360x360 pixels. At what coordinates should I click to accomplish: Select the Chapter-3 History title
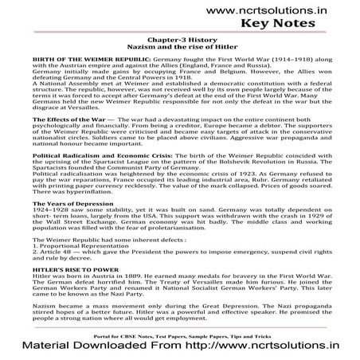click(x=179, y=46)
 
